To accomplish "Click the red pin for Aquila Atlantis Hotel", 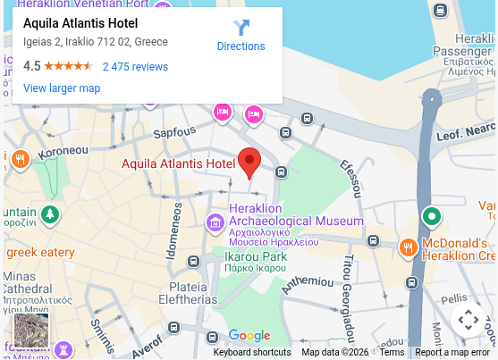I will tap(249, 162).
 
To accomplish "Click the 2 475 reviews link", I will tap(135, 66).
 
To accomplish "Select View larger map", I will tap(62, 88).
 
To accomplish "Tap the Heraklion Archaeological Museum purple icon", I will tap(215, 221).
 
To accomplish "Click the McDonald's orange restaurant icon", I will tap(408, 247).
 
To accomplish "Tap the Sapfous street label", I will tap(174, 133).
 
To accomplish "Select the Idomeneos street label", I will tap(175, 230).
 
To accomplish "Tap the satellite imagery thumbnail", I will tap(31, 330).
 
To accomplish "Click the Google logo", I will tap(249, 336).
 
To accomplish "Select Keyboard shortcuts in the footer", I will tap(252, 353).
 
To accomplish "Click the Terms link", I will tap(392, 353).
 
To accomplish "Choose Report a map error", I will tap(452, 353).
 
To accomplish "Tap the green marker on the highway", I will tap(432, 216).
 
